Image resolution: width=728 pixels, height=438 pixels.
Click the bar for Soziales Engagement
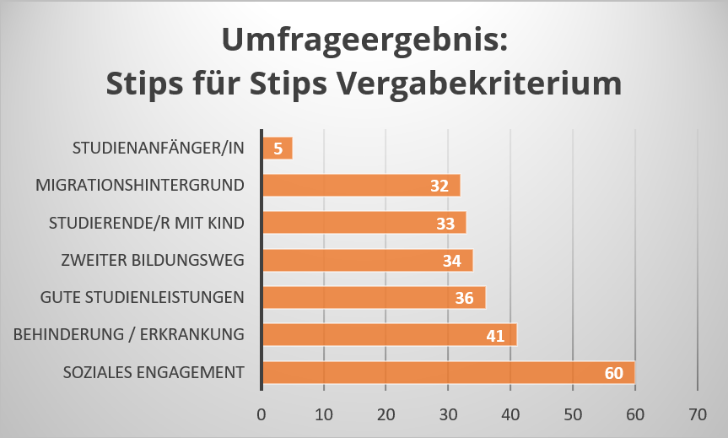447,372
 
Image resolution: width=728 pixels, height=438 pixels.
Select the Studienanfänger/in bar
277,148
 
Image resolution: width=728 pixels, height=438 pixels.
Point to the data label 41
495,336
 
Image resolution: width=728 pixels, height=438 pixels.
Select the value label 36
464,298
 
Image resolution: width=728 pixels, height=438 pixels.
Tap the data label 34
452,261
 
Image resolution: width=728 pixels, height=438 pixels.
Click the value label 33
445,223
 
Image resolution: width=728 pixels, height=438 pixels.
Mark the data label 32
439,186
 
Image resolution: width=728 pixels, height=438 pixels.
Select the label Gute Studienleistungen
143,297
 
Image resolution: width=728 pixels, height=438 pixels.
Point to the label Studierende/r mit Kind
148,223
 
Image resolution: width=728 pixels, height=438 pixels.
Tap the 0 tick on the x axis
262,414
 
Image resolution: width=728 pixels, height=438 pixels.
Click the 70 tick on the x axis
697,414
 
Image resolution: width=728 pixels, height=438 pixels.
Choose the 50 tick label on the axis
573,414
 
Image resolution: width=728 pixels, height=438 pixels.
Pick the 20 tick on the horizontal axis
386,414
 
